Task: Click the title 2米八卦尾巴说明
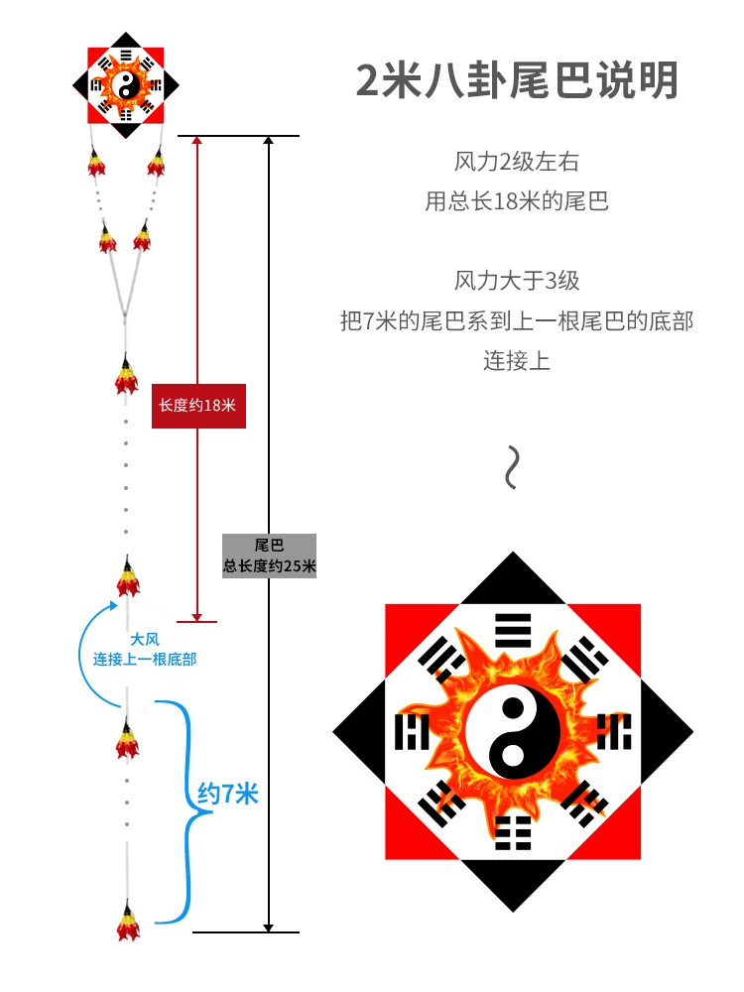pyautogui.click(x=517, y=81)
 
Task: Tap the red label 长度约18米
pyautogui.click(x=198, y=405)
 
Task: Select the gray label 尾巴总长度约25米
pyautogui.click(x=269, y=557)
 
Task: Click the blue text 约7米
pyautogui.click(x=228, y=794)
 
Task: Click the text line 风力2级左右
pyautogui.click(x=516, y=162)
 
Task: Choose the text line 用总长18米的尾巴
pyautogui.click(x=516, y=202)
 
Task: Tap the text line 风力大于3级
pyautogui.click(x=516, y=281)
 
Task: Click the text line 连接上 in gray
pyautogui.click(x=516, y=361)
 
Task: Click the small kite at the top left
pyautogui.click(x=127, y=87)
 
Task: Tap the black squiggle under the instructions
pyautogui.click(x=512, y=467)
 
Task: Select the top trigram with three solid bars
pyautogui.click(x=513, y=629)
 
